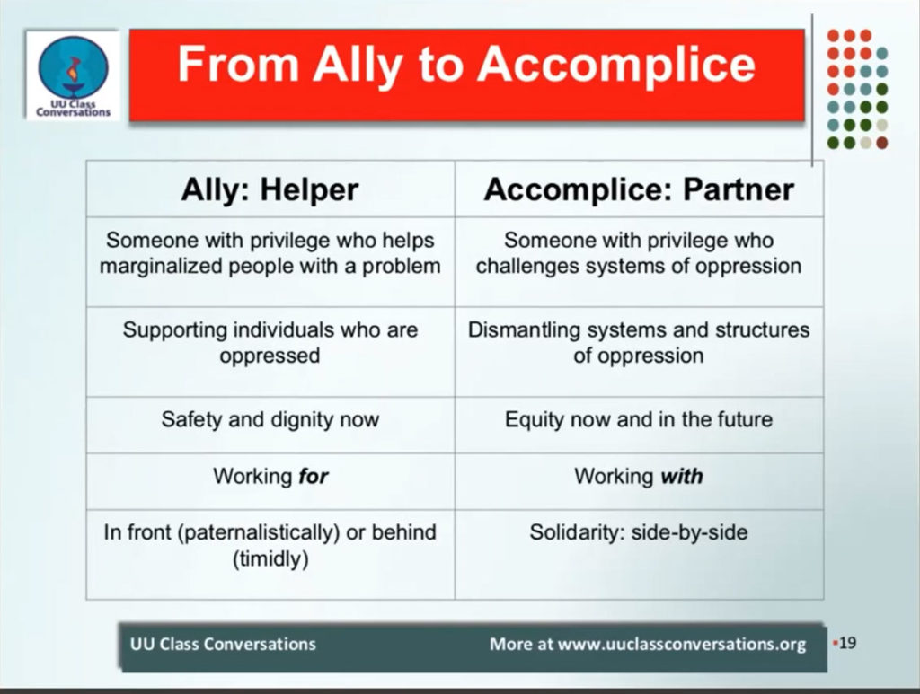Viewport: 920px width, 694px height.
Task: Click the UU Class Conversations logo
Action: [74, 75]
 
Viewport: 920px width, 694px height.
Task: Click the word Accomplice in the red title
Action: [616, 65]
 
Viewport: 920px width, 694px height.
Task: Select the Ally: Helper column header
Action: [270, 189]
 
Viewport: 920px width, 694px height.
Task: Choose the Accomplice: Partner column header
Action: [639, 189]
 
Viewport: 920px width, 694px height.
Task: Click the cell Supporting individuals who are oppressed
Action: [270, 343]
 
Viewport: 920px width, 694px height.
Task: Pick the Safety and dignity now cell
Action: [270, 419]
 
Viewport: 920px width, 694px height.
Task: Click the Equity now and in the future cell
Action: [639, 419]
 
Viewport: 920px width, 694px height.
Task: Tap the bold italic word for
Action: [314, 476]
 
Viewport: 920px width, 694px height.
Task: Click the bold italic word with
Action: [682, 476]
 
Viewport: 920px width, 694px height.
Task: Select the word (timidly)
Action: [270, 558]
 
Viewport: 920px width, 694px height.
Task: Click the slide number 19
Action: [847, 643]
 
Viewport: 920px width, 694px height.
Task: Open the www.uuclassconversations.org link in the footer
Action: [682, 645]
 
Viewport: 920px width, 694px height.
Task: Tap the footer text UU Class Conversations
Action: [223, 644]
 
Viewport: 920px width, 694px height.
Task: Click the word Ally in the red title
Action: [358, 65]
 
